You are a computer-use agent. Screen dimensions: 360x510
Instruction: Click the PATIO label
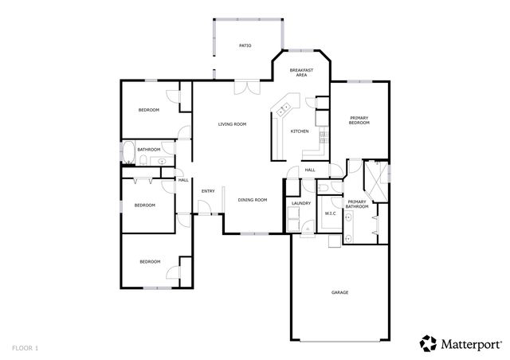(245, 46)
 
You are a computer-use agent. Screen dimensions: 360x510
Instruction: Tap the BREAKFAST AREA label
(301, 73)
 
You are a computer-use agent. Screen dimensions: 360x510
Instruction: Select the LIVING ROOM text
(232, 124)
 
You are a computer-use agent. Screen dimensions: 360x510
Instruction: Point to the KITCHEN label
(300, 131)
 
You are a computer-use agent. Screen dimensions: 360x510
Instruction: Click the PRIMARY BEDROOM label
(359, 121)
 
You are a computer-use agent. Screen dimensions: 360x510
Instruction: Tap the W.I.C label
(330, 213)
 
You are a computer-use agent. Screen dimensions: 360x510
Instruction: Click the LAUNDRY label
(301, 204)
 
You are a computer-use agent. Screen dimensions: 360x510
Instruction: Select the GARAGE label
(339, 292)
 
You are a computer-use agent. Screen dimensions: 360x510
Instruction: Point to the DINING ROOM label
(252, 200)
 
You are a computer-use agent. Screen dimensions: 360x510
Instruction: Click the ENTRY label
(208, 191)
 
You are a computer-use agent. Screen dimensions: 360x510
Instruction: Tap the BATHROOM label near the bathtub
(149, 150)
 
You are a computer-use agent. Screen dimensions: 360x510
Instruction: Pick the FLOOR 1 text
(25, 347)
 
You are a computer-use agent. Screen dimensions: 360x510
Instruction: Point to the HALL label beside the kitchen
(310, 170)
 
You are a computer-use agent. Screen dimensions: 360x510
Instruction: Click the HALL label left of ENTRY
(183, 180)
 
